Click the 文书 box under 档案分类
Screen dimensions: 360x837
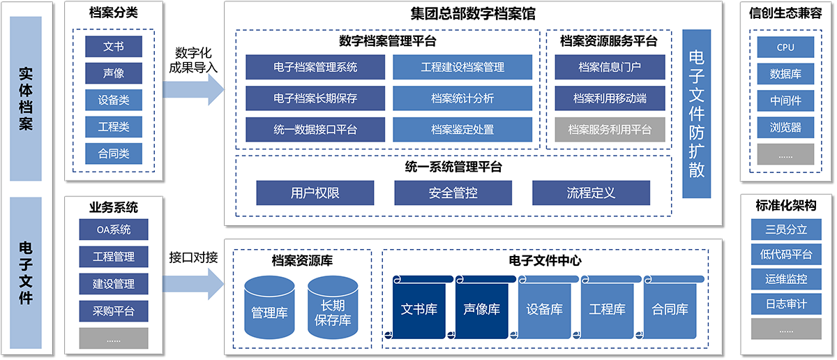[x=114, y=47]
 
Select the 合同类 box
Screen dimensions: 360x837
[x=114, y=153]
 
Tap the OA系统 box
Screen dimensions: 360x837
[x=114, y=229]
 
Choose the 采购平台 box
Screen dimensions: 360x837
[x=114, y=311]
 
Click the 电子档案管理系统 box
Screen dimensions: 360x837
[x=315, y=68]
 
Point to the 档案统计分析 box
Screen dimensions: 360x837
[x=462, y=98]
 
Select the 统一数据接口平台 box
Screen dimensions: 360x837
[x=315, y=129]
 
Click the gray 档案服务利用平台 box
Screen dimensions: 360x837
[x=610, y=129]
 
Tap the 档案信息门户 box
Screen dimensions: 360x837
[x=610, y=68]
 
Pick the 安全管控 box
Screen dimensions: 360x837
[x=453, y=193]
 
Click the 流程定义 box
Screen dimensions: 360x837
[x=591, y=193]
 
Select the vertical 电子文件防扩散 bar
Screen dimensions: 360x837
[x=696, y=114]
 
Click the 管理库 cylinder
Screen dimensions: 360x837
[x=269, y=309]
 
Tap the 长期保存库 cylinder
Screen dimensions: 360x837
[x=333, y=309]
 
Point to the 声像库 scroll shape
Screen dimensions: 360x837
[x=481, y=308]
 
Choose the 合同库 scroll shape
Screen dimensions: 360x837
[x=670, y=308]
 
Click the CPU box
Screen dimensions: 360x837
[x=785, y=47]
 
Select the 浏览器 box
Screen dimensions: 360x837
[x=785, y=128]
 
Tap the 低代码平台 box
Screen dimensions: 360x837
[x=785, y=254]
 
